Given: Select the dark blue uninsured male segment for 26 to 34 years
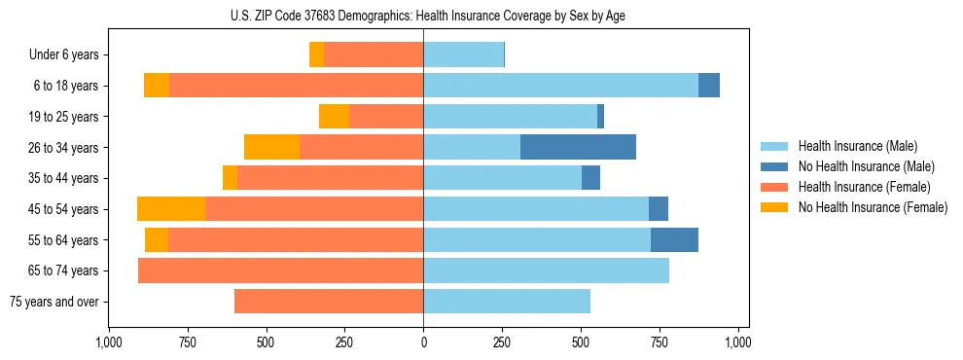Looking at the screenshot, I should coord(578,147).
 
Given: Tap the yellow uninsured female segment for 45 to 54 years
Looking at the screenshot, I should coord(171,209).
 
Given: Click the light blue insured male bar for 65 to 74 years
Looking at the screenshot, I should coord(546,270).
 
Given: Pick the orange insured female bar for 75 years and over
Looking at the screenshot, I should coord(329,302).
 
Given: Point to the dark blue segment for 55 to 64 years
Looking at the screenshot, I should coord(674,240).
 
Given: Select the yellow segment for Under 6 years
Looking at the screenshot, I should coord(316,54).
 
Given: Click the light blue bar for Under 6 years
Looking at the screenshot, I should coord(463,54).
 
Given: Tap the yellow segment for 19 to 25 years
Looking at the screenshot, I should coord(334,117).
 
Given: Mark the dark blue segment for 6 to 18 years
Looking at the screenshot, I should coord(709,86).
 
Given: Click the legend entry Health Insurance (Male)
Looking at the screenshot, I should coord(857,146).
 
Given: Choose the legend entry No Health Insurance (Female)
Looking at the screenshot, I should coord(873,207).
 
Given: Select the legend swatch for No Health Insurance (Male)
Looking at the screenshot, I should coord(775,166).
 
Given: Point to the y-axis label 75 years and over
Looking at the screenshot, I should coord(53,302).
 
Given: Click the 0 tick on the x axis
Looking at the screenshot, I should coord(423,342).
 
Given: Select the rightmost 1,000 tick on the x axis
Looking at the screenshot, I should coord(738,342).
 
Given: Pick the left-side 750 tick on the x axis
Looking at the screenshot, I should coord(187,342).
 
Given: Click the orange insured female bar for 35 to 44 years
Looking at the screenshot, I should coord(330,178).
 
